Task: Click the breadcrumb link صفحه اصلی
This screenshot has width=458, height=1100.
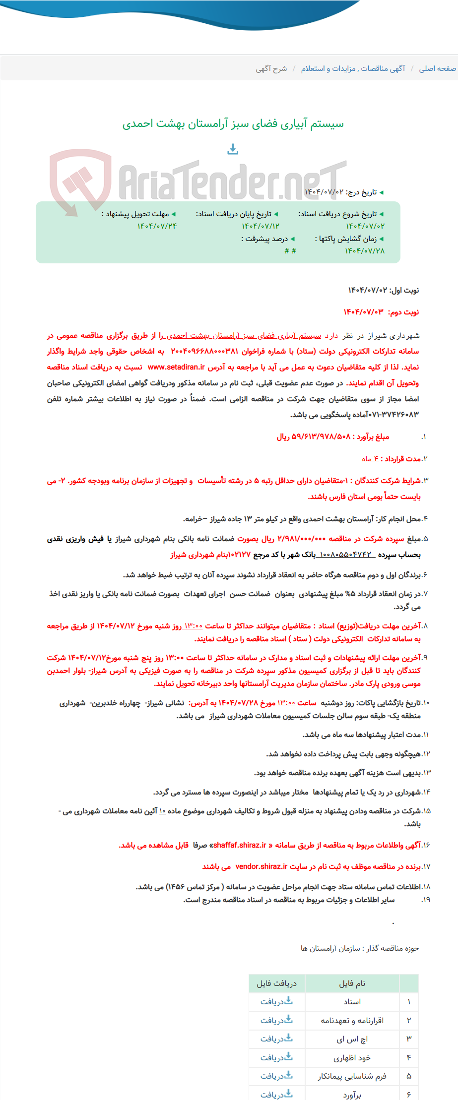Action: click(x=437, y=68)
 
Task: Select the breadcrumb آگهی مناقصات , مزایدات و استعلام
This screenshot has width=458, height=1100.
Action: click(x=353, y=68)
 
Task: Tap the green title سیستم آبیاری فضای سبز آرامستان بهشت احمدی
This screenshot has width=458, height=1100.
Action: click(x=233, y=123)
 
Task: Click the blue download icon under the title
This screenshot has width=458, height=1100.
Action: click(x=233, y=149)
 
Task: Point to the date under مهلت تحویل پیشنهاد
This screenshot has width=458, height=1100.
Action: click(x=157, y=226)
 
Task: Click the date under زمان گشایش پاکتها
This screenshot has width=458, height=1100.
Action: click(x=365, y=251)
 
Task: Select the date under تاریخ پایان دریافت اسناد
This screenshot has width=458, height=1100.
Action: click(x=261, y=226)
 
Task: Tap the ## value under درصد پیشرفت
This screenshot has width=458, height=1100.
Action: click(x=290, y=251)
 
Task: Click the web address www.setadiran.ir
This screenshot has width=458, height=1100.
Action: click(x=176, y=367)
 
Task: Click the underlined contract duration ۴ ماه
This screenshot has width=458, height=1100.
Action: click(x=370, y=459)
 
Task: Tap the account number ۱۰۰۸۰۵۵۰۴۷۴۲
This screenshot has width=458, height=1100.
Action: click(x=345, y=554)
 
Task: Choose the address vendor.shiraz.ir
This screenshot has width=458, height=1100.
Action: click(x=262, y=866)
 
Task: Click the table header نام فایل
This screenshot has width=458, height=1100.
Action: click(x=352, y=983)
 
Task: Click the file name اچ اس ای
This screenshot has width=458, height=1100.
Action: click(x=352, y=1039)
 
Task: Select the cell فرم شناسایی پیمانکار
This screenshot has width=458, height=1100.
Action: click(x=352, y=1076)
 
